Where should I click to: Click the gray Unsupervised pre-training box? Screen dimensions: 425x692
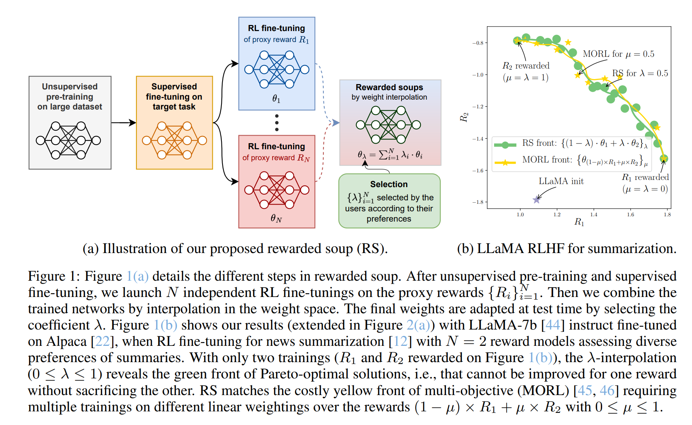[x=70, y=122]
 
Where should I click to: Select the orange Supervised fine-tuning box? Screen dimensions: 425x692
[x=174, y=122]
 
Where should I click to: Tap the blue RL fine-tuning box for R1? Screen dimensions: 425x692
[x=276, y=64]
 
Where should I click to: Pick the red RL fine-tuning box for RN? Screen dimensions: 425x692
[x=276, y=181]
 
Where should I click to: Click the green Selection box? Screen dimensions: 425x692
[x=389, y=201]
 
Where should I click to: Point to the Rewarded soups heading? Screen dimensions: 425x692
[x=389, y=87]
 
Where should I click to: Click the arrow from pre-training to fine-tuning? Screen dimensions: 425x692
[x=124, y=123]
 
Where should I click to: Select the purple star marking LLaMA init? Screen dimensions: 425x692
[x=536, y=200]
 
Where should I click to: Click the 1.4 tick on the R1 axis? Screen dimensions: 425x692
[x=594, y=214]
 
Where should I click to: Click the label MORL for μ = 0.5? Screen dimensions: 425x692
[x=618, y=54]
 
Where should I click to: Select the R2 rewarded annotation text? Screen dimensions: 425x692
[x=526, y=66]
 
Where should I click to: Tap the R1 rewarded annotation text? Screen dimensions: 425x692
[x=645, y=177]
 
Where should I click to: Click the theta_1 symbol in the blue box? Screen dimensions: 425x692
[x=276, y=99]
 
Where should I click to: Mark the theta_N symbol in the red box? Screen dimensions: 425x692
[x=276, y=218]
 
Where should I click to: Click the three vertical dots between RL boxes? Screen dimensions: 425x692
[x=277, y=123]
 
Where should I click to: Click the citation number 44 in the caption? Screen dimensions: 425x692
[x=552, y=325]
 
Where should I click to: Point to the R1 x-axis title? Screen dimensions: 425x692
[x=579, y=222]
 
